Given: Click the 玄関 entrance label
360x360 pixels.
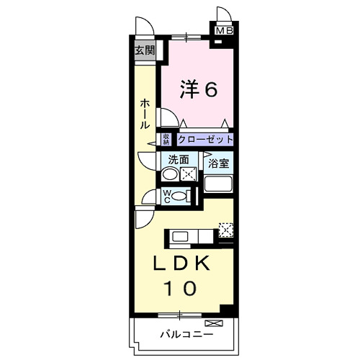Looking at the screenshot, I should pyautogui.click(x=145, y=50).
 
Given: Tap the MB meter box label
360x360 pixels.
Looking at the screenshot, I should pyautogui.click(x=225, y=31).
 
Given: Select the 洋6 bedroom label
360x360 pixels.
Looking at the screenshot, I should pyautogui.click(x=197, y=89).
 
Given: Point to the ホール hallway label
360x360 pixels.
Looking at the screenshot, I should pyautogui.click(x=145, y=113).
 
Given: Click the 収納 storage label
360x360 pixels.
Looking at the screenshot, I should pyautogui.click(x=166, y=139).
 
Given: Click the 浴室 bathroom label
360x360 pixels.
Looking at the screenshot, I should pyautogui.click(x=219, y=164).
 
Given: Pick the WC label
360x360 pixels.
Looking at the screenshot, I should pyautogui.click(x=166, y=195).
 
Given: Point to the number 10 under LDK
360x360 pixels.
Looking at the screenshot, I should pyautogui.click(x=181, y=289).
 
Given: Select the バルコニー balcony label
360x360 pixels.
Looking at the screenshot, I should pyautogui.click(x=186, y=334).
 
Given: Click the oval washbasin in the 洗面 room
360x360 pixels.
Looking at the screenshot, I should pyautogui.click(x=169, y=174).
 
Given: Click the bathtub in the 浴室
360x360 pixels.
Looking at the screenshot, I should pyautogui.click(x=219, y=183).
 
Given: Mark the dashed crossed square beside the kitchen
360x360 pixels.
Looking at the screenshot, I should pyautogui.click(x=226, y=230).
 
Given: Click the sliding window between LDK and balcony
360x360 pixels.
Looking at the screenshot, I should pyautogui.click(x=179, y=315).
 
